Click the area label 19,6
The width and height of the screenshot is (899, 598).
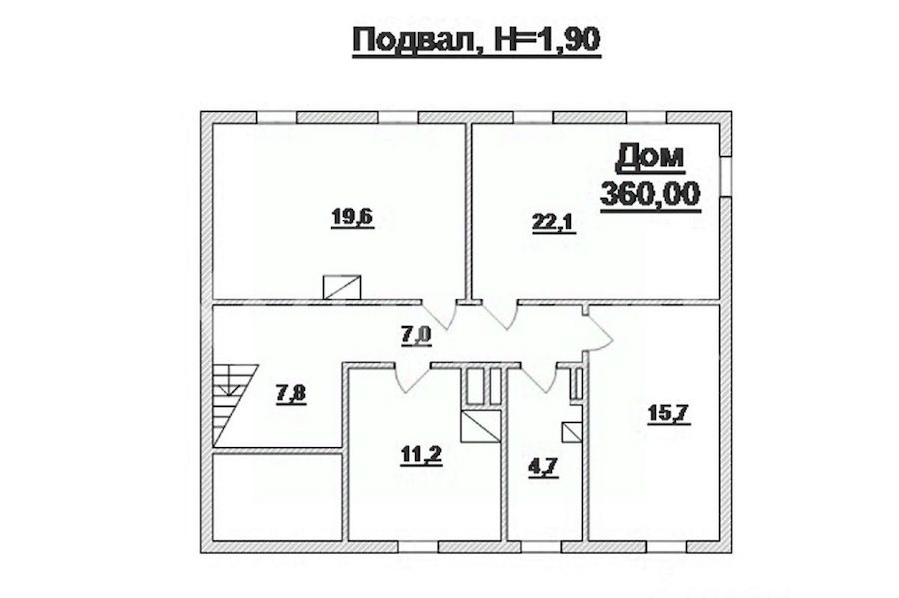tap(352, 217)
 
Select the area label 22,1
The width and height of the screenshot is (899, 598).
tap(554, 222)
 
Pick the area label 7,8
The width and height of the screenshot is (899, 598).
tap(291, 394)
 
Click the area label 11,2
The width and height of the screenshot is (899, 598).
tap(421, 455)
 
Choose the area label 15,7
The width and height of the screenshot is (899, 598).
tap(669, 413)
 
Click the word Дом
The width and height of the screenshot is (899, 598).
tap(650, 159)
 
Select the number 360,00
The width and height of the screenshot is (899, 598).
tap(650, 193)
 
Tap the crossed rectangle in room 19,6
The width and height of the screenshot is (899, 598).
tap(342, 287)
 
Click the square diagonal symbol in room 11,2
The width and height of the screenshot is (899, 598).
tap(480, 426)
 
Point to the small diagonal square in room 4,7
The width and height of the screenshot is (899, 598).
tap(571, 432)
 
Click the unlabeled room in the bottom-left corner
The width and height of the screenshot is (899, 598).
tap(277, 496)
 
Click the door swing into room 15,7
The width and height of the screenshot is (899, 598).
tap(600, 335)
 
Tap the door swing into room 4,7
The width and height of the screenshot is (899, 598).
tap(539, 378)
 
